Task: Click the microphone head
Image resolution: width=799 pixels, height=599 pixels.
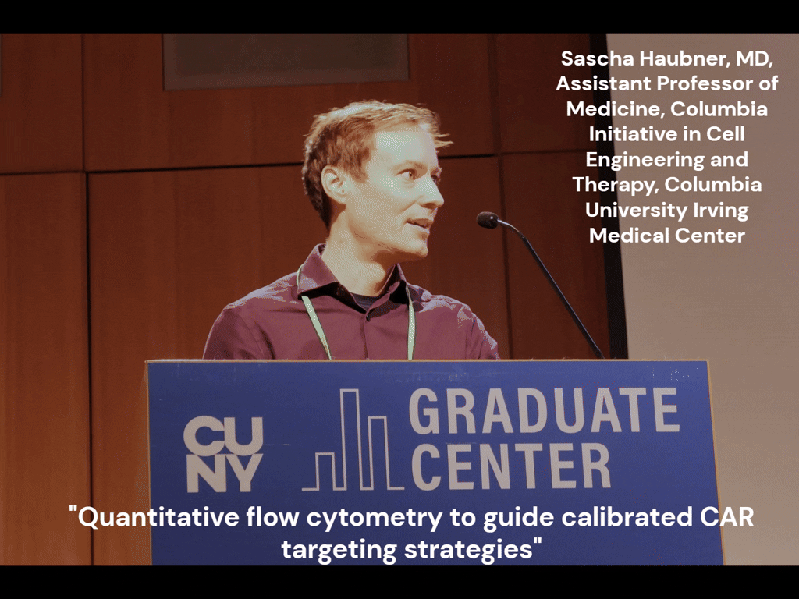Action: pos(488,220)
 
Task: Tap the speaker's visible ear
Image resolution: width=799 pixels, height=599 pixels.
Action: pos(334,184)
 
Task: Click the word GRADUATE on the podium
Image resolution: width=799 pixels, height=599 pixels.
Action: pos(544,411)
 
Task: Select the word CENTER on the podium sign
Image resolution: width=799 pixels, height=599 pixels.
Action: pos(511,466)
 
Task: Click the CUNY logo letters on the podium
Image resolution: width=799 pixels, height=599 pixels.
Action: pos(223,454)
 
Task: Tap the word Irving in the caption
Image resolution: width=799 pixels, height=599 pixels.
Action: pos(716,210)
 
